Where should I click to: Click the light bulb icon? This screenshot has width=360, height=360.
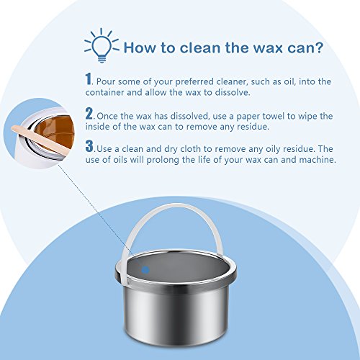(102, 45)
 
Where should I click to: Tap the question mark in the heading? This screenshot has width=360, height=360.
(318, 48)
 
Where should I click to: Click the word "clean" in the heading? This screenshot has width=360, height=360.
(200, 48)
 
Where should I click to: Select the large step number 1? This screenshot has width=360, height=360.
(89, 78)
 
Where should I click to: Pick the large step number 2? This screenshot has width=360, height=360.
(89, 113)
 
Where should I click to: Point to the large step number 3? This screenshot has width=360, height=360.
(89, 146)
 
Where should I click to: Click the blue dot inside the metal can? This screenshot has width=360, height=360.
(145, 270)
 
